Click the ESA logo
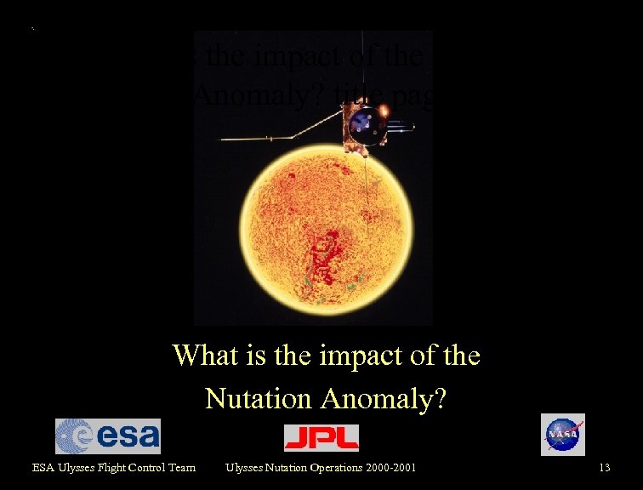point(108,436)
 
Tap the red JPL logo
point(321,437)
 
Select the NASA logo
point(562,435)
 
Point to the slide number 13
point(605,467)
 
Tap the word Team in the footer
point(183,467)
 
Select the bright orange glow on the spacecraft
point(384,111)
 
